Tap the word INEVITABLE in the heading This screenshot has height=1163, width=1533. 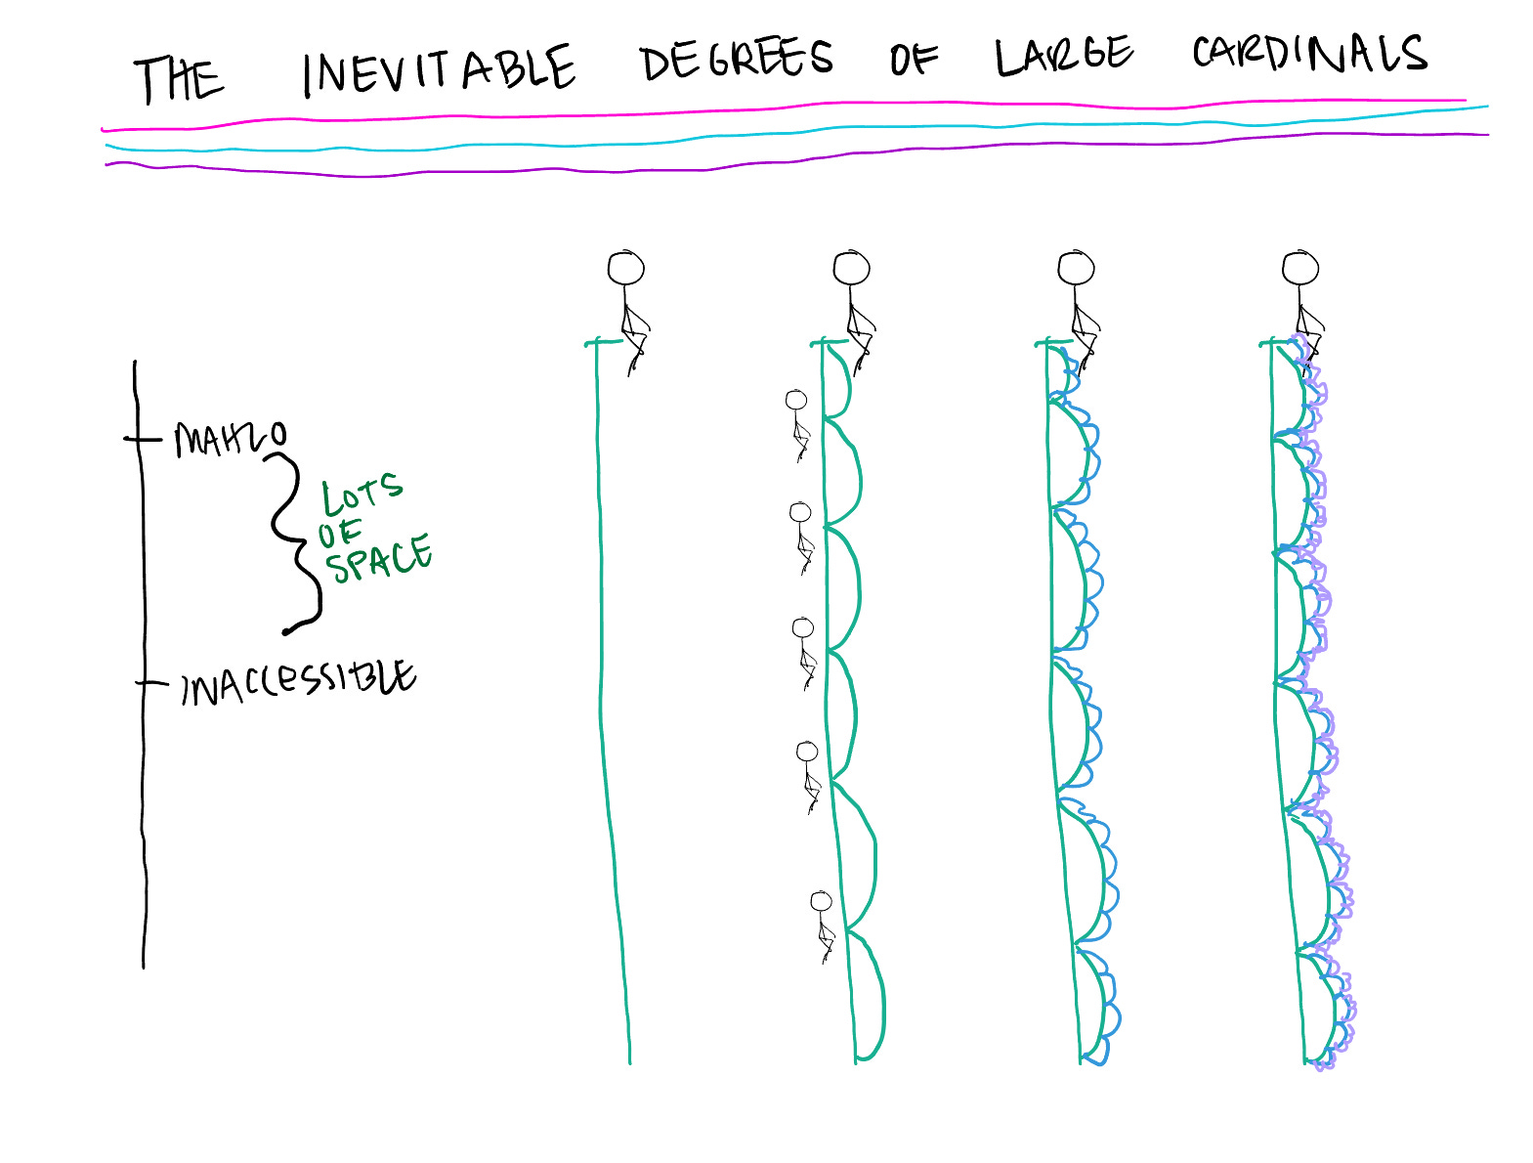[x=439, y=70]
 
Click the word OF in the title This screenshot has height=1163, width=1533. [x=914, y=60]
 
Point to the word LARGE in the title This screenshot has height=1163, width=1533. [x=1064, y=56]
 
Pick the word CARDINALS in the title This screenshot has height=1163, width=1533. [x=1309, y=54]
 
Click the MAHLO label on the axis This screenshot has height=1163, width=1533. [x=231, y=439]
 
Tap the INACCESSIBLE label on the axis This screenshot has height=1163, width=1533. [x=298, y=681]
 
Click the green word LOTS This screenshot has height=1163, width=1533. [x=362, y=495]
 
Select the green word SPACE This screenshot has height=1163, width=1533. [x=378, y=558]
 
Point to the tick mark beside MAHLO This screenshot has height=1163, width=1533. [x=141, y=439]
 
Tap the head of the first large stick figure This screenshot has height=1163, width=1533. [x=626, y=268]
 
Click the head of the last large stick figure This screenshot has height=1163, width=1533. [x=1300, y=268]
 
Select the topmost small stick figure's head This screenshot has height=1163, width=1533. [x=796, y=400]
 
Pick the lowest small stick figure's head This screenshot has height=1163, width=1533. [x=821, y=901]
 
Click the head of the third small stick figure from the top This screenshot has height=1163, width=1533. [x=802, y=627]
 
